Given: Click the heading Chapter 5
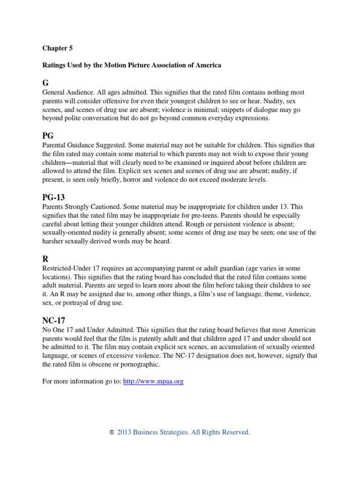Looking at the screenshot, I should (57, 48).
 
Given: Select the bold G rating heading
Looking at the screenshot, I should (45, 83).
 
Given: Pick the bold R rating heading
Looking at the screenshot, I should (45, 259).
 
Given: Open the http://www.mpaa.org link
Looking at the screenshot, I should (153, 382).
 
